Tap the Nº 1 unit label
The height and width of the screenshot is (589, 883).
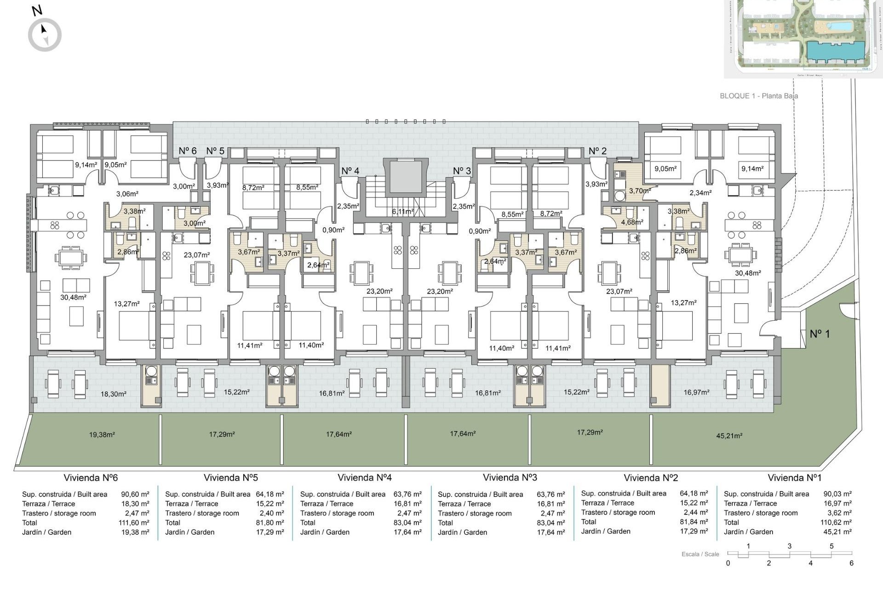tap(820, 334)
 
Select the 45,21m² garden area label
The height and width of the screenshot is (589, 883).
tap(729, 435)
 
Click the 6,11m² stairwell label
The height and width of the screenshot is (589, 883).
tap(402, 212)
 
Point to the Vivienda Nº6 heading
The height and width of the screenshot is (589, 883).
tap(91, 478)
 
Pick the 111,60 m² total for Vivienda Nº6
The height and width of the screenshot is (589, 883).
tap(134, 523)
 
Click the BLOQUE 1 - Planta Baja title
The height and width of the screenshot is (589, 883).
tap(758, 96)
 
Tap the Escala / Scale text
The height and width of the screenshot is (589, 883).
tap(700, 554)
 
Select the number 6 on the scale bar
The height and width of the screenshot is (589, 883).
tap(851, 563)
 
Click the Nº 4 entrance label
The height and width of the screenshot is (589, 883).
tap(350, 171)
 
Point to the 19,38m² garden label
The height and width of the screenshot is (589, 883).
tap(102, 434)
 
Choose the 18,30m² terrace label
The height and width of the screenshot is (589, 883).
tap(113, 394)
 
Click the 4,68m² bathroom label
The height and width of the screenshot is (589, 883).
tap(632, 222)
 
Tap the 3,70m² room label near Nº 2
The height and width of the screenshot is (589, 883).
tap(640, 191)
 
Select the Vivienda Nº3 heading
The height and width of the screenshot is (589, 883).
tap(510, 478)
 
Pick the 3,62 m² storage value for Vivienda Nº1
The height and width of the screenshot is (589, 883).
tap(837, 513)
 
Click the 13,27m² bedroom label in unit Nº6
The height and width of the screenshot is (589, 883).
tap(126, 304)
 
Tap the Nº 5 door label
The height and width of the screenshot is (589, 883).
tap(215, 151)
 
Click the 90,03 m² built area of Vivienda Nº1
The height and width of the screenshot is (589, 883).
tap(837, 494)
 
